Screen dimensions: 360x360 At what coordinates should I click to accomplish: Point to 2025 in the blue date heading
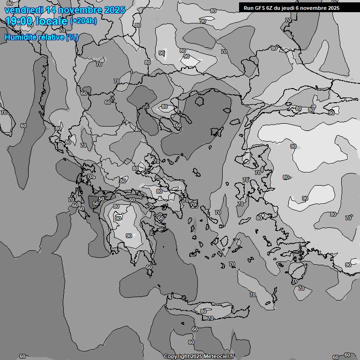coord(114,10)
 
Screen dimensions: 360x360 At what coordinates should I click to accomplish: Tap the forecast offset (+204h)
coord(84,21)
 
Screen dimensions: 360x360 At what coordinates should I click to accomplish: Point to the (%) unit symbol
coord(72,37)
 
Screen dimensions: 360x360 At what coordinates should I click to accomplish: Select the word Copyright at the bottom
coord(176,357)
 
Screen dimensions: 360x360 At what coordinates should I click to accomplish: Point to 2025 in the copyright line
coord(196,357)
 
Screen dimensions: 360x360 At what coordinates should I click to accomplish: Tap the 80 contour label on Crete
coord(203,311)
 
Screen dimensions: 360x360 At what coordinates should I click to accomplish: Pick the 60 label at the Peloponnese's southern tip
coord(149,267)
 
